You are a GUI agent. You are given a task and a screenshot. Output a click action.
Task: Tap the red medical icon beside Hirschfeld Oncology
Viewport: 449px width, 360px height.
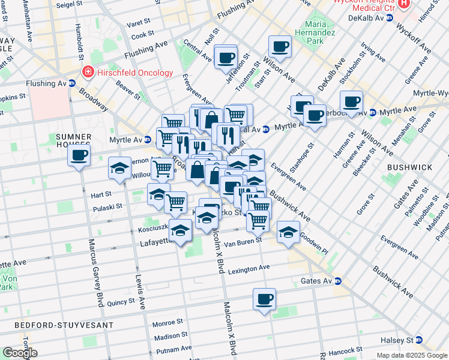[x=88, y=73]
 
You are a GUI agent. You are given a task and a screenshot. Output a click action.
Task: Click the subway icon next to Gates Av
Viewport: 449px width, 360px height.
[x=338, y=281]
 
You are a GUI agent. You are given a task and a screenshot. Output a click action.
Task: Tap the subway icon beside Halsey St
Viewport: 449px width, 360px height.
[x=419, y=340]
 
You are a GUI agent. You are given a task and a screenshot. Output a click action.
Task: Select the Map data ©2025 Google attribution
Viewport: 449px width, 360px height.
[x=412, y=355]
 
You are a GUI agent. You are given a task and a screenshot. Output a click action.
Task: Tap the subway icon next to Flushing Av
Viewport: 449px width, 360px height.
[x=72, y=83]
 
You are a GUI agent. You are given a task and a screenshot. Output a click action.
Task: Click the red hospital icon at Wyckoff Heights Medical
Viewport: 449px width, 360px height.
[x=404, y=4]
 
